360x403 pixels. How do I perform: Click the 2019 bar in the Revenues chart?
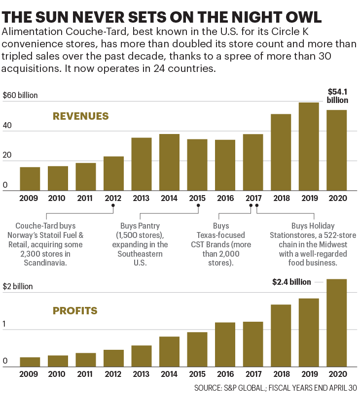(x=309, y=146)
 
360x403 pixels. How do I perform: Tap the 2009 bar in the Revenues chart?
(x=30, y=178)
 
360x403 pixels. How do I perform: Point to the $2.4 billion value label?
(x=291, y=282)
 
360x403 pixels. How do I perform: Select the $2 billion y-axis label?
(x=18, y=286)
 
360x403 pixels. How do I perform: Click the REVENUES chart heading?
(x=80, y=116)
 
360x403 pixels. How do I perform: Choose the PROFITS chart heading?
(x=75, y=311)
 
